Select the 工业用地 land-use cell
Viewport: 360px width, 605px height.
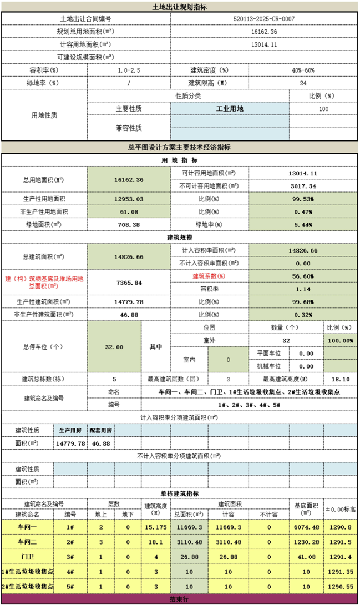point(229,109)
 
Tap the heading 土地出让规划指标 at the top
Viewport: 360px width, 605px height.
point(180,7)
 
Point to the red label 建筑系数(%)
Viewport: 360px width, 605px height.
point(209,276)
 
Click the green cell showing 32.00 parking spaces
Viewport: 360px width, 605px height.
point(114,346)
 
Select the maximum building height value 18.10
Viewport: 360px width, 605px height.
point(339,379)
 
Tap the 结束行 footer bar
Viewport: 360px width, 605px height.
point(180,599)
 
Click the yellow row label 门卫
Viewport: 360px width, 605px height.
point(27,557)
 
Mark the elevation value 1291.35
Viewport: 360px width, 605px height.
point(341,572)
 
